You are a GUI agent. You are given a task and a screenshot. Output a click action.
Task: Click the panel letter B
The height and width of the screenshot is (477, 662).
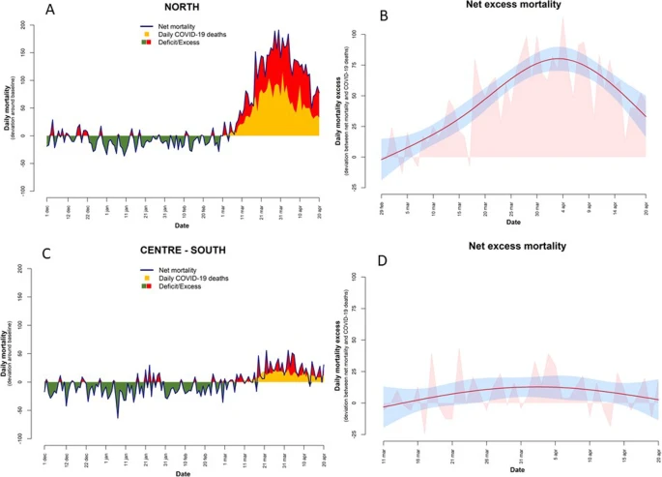pyautogui.click(x=357, y=16)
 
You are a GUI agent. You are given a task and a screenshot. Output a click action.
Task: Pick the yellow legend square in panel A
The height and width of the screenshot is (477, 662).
pyautogui.click(x=147, y=36)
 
